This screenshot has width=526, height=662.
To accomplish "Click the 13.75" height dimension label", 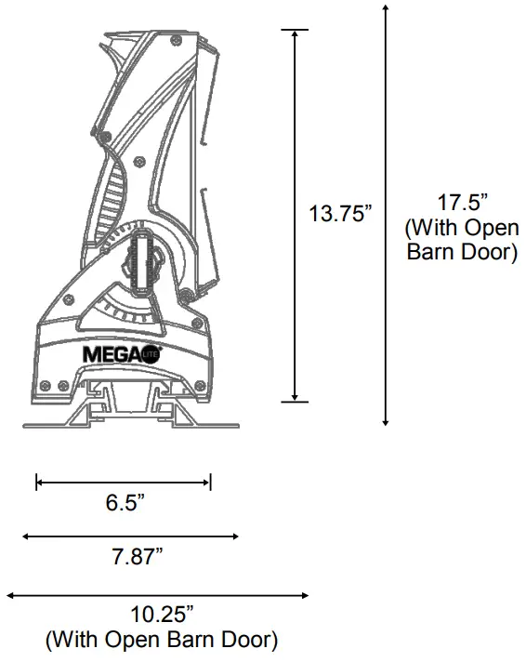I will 340,213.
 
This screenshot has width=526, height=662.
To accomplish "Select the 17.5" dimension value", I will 461,202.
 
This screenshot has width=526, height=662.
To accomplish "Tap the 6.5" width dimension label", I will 125,504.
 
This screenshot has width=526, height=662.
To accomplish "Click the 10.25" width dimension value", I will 161,615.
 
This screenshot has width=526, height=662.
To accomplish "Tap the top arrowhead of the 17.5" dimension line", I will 386,9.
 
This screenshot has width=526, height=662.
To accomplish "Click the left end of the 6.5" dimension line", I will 37,482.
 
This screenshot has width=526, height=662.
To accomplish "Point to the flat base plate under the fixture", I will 130,425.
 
